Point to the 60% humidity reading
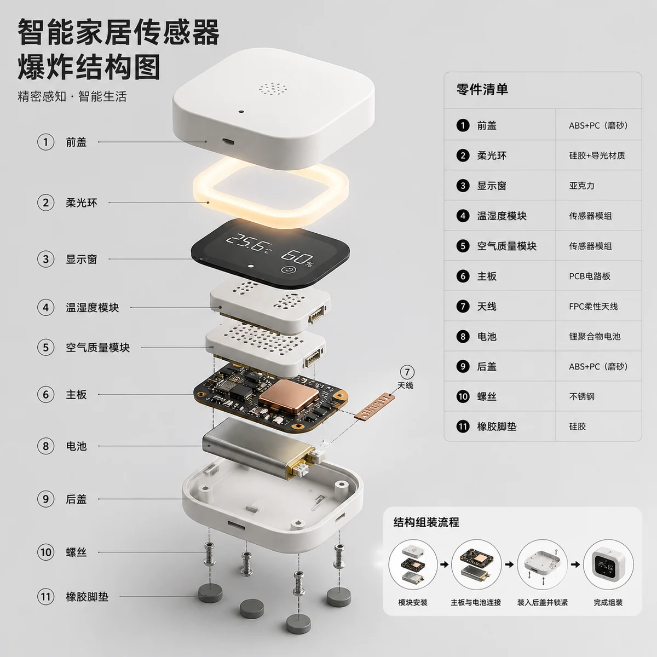coord(298,256)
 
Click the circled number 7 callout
coord(407,372)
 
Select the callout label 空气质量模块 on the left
coord(97,348)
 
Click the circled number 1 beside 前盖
coord(46,142)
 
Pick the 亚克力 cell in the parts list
coord(581,186)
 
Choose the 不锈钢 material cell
coord(581,396)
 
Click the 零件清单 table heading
coord(482,89)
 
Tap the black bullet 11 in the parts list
coord(463,427)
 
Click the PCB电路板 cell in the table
coord(589,276)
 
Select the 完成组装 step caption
coord(608,602)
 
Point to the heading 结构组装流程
coord(426,522)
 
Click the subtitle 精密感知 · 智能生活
coord(72,97)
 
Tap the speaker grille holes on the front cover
coord(273,89)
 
